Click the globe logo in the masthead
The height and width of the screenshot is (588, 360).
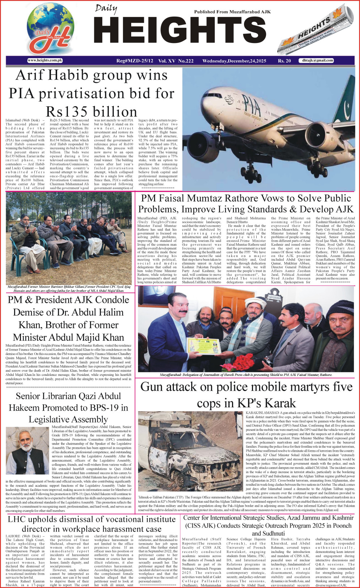[x=50, y=29]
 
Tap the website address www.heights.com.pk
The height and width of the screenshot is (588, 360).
[x=45, y=61]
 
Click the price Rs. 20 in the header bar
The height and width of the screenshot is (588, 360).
[x=284, y=61]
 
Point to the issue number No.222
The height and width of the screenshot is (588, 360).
[x=186, y=61]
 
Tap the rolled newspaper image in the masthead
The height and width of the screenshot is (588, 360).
[x=314, y=34]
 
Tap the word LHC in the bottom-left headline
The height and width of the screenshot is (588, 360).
[x=18, y=520]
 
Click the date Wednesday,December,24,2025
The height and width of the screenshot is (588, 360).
[x=234, y=61]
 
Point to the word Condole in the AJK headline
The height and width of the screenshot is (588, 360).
[x=108, y=300]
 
